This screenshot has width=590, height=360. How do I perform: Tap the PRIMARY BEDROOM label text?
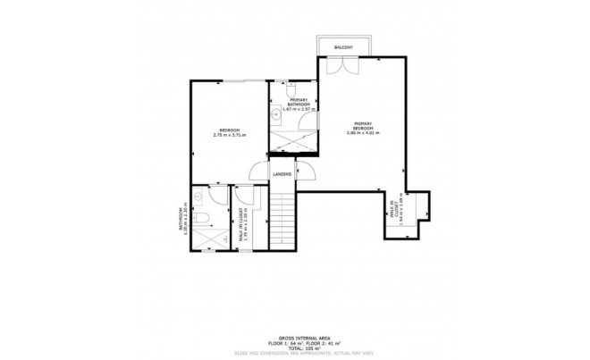(x=362, y=126)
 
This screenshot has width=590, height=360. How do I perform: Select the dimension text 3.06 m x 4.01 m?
(x=362, y=133)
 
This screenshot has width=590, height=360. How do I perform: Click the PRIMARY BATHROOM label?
(x=299, y=102)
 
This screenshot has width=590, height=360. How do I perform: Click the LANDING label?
(x=282, y=173)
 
